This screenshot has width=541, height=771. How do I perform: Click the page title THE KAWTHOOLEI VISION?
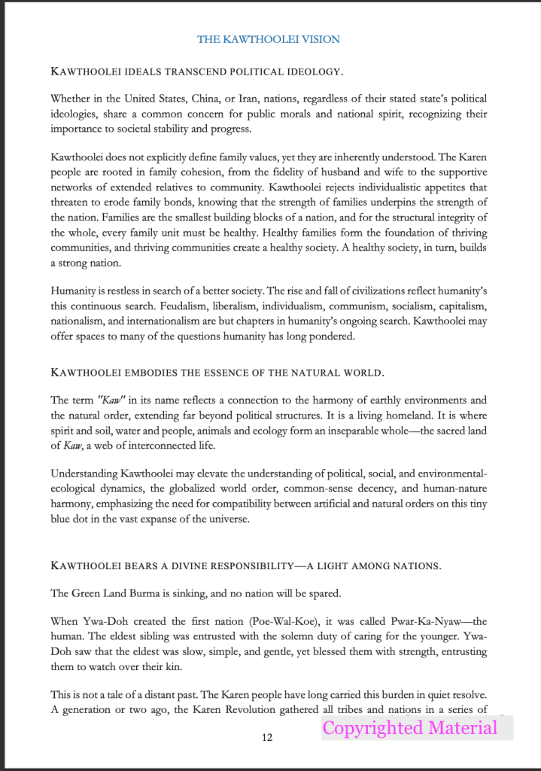click(x=269, y=39)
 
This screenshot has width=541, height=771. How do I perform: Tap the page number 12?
click(x=267, y=737)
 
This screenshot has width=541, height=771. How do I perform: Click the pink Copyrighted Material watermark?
click(x=410, y=728)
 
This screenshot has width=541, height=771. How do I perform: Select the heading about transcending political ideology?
click(x=196, y=72)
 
